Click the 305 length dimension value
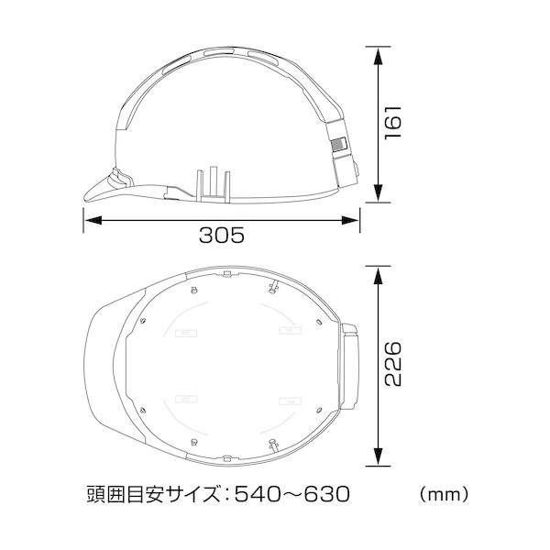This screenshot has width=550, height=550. (x=221, y=235)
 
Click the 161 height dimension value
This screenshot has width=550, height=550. (x=392, y=122)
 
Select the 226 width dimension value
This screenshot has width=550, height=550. (x=392, y=364)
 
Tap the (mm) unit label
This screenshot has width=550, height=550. (x=444, y=495)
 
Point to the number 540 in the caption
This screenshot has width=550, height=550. (x=258, y=495)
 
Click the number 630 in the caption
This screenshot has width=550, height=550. (x=326, y=495)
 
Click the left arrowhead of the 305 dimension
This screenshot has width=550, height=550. (x=93, y=220)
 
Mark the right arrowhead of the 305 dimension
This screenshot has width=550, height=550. (x=350, y=220)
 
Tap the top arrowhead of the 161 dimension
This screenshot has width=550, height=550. (x=378, y=56)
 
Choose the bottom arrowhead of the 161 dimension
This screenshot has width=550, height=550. (x=378, y=192)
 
